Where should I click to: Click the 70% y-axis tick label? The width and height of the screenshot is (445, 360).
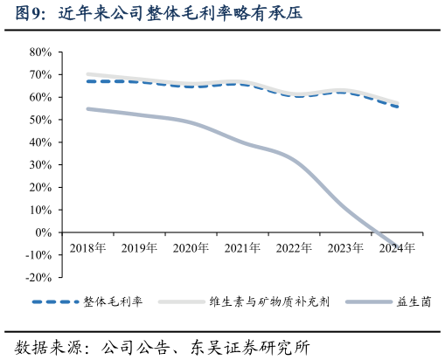(40, 74)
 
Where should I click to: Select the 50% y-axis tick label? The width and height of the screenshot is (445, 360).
(40, 120)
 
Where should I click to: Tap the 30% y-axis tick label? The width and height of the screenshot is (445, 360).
(40, 164)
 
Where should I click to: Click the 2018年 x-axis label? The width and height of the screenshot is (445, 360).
(87, 248)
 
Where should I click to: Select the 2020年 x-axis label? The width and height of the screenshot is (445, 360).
(190, 248)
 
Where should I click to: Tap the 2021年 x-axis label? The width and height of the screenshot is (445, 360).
(241, 248)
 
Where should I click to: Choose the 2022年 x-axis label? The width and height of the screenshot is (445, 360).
(293, 248)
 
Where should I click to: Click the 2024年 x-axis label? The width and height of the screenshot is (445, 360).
(396, 248)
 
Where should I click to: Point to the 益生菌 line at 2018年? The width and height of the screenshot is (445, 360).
(87, 108)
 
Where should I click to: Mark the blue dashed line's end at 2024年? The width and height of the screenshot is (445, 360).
(398, 107)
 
